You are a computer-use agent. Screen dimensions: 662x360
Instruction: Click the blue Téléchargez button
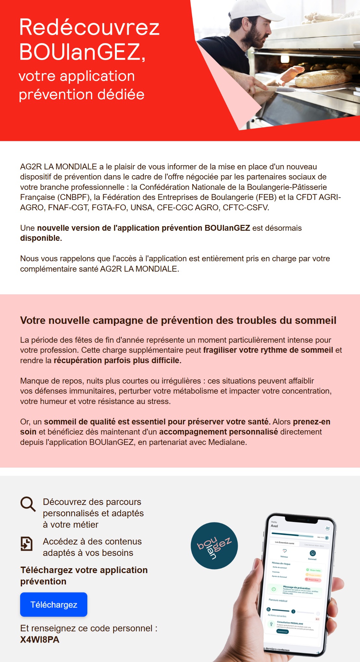(x=54, y=604)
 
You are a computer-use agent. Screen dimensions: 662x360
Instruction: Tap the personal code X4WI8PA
(x=40, y=640)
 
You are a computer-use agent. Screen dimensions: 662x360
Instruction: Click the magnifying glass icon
(x=28, y=504)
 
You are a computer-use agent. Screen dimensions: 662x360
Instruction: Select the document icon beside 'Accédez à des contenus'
(x=27, y=544)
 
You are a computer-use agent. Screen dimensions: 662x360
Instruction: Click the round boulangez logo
(x=214, y=546)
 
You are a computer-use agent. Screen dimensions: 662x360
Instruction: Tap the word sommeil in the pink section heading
(x=315, y=320)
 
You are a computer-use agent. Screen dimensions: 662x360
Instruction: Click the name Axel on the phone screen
(x=274, y=526)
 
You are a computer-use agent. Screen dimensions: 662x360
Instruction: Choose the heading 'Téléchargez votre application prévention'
(x=84, y=575)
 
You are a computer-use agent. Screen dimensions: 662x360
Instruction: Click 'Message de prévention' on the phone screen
(x=296, y=588)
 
